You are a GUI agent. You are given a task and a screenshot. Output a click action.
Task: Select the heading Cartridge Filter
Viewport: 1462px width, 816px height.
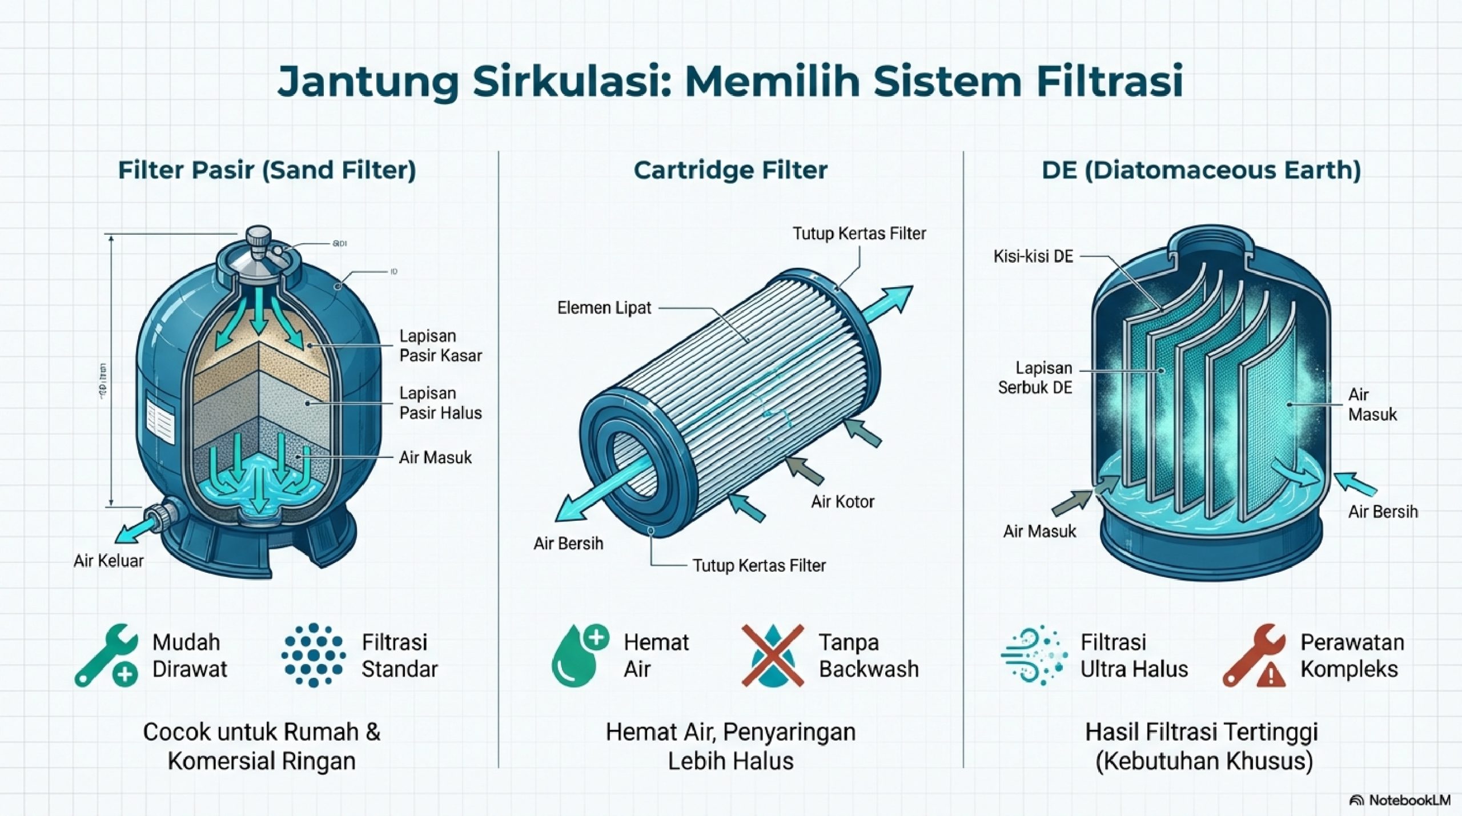point(730,170)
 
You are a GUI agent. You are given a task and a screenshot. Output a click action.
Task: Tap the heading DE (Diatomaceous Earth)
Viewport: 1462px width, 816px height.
point(1201,170)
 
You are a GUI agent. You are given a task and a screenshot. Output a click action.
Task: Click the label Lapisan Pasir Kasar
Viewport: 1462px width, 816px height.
point(440,345)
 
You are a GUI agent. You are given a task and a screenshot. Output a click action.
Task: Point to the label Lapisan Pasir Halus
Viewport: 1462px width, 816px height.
point(440,403)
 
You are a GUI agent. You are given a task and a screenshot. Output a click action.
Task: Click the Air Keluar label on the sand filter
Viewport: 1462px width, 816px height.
point(109,561)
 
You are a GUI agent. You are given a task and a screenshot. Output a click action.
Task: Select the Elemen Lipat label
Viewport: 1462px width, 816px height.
point(604,308)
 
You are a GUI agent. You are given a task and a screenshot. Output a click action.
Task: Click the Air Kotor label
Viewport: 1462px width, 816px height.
point(842,501)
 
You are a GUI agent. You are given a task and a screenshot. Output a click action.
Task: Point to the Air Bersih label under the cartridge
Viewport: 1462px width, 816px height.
point(568,543)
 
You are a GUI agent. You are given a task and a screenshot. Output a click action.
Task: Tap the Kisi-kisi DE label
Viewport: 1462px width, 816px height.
point(1033,256)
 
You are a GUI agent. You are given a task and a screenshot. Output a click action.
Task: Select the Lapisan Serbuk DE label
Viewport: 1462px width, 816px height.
point(1035,377)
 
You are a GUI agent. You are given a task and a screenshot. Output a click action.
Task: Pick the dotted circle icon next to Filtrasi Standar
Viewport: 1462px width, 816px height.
point(313,655)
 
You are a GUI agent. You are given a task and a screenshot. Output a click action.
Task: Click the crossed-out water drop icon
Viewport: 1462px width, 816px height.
point(772,655)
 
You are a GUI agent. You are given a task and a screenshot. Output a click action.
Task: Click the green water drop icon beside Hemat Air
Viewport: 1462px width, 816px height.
point(579,655)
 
